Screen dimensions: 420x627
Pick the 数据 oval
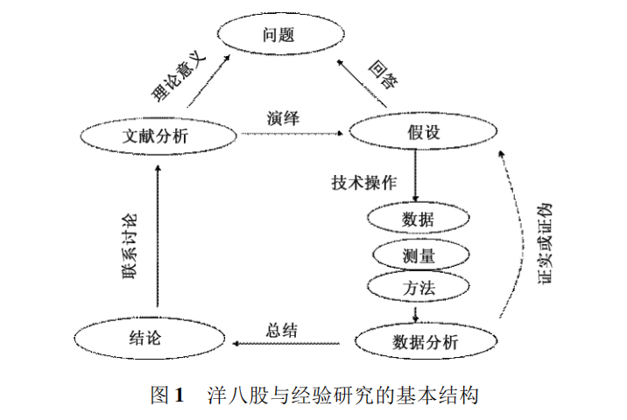(x=417, y=219)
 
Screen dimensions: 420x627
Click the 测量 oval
(x=417, y=255)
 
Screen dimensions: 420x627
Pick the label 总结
(x=281, y=331)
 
